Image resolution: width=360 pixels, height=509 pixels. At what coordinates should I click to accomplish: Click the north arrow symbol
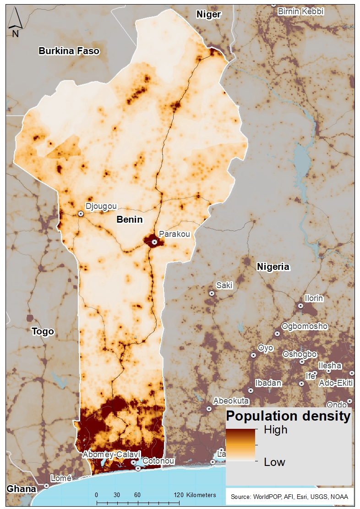tap(15, 23)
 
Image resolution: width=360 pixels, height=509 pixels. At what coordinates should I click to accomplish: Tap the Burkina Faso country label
tap(69, 51)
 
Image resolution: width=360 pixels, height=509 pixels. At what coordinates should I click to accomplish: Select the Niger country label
tap(209, 15)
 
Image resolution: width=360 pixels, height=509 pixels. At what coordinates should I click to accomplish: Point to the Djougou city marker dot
tap(81, 213)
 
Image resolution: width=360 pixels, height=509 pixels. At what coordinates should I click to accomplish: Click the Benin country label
tap(130, 219)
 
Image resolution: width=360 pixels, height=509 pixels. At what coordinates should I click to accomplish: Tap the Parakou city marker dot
tap(155, 241)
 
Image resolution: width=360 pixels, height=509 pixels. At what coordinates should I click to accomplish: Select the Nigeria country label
tap(273, 267)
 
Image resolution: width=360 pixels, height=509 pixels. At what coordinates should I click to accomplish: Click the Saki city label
tap(224, 285)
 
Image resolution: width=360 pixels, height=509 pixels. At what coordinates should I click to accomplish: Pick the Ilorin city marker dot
tap(300, 306)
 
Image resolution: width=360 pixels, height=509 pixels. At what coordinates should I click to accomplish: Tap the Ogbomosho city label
tap(305, 326)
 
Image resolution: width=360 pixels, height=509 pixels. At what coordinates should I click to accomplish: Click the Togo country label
tap(43, 331)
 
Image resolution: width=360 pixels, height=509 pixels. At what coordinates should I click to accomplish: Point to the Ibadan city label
tap(268, 383)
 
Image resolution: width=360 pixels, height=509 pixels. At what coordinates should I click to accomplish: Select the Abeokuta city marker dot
tap(209, 409)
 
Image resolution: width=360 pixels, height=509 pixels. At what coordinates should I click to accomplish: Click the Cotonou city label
tap(158, 460)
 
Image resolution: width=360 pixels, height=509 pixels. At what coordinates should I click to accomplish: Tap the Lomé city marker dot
tap(47, 486)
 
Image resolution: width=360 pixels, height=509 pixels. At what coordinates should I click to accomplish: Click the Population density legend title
tap(289, 416)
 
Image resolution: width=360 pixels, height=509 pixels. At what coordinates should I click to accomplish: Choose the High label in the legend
tap(276, 430)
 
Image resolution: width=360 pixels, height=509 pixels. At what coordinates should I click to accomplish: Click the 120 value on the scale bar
tap(179, 495)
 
